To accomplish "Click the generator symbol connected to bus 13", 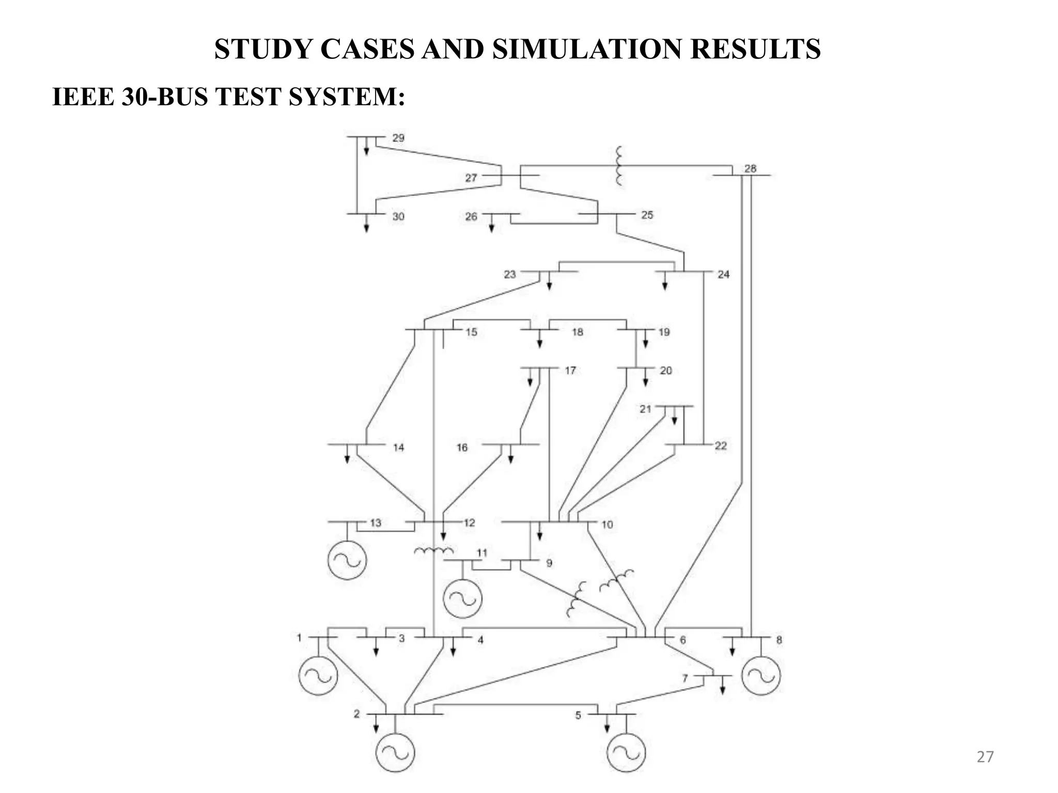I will (347, 560).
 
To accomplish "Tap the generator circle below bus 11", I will (462, 598).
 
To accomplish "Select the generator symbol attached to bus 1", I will (318, 675).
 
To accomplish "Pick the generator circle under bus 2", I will (395, 752).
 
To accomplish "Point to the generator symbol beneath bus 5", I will (626, 752).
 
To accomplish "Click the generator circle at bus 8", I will (760, 675).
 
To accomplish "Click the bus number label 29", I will (398, 138).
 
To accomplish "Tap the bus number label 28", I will (750, 168).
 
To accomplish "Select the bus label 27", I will (471, 178).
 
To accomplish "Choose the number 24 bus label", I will (723, 275).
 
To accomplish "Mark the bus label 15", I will (471, 332).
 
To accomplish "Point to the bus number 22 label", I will (721, 446).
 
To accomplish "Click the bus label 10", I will (607, 525).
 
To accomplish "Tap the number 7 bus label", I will (685, 678).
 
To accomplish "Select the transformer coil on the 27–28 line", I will (618, 166).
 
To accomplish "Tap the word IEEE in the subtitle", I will (84, 97).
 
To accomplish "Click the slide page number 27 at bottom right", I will (985, 757).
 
